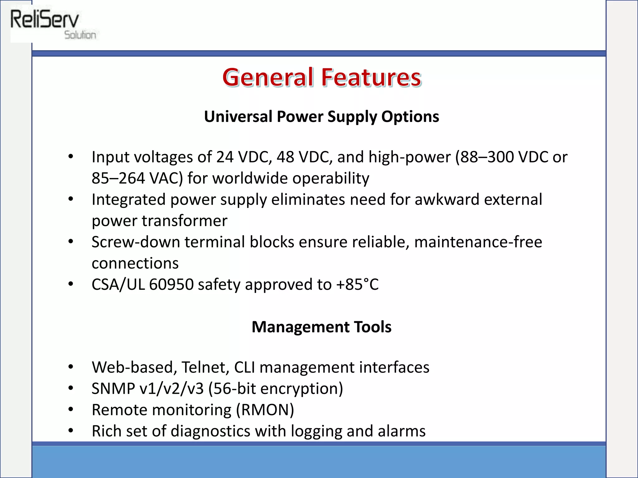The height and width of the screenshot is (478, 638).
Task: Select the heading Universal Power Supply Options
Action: [x=321, y=117]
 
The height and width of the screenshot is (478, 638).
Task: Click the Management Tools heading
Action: [x=321, y=327]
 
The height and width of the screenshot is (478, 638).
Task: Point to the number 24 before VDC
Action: [x=225, y=157]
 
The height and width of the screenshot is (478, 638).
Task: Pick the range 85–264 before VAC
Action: [x=118, y=178]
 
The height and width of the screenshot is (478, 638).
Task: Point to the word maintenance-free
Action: [x=478, y=242]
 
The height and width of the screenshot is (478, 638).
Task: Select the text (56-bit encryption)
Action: [x=275, y=389]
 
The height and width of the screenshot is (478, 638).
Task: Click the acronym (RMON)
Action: [x=265, y=410]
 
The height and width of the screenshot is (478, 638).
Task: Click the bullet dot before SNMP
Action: [x=71, y=389]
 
